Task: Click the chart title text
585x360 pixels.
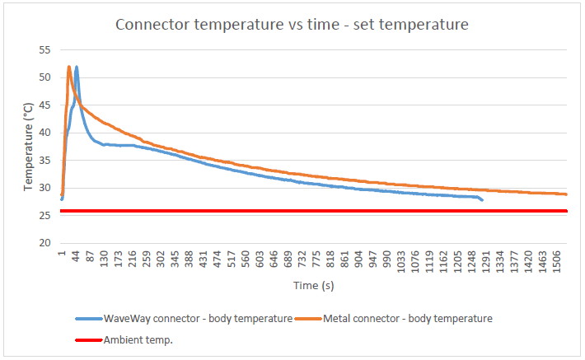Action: [x=292, y=25]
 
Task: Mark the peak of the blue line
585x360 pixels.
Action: [x=77, y=67]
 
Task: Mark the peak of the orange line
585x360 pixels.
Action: [x=68, y=66]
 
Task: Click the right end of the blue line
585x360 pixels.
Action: [x=483, y=200]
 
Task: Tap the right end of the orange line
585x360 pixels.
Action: [x=567, y=194]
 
